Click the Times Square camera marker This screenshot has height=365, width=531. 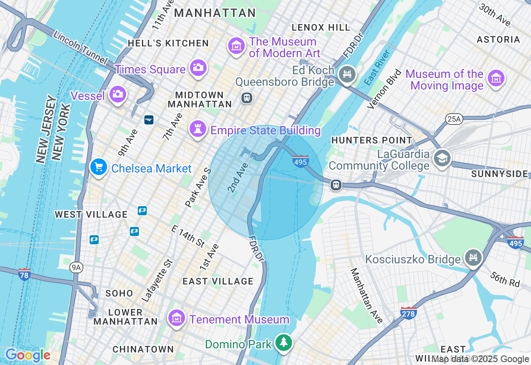(x=198, y=68)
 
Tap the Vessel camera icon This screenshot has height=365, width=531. (x=118, y=94)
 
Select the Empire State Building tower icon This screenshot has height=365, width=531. (x=198, y=129)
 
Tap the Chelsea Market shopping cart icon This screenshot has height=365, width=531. (x=99, y=167)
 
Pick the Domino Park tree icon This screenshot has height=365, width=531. (x=284, y=343)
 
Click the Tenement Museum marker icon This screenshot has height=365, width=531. (x=177, y=318)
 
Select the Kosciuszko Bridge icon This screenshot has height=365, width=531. (x=473, y=258)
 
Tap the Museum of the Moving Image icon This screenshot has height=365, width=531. (x=496, y=78)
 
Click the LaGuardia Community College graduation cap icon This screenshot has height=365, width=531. (x=442, y=158)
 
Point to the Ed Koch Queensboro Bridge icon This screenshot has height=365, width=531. (x=347, y=74)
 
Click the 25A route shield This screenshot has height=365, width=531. (x=454, y=119)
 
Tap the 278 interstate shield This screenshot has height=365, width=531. (x=409, y=314)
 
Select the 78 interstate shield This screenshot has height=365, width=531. (x=24, y=275)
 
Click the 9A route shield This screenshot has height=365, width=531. (x=76, y=268)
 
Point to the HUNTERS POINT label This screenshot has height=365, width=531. (x=372, y=141)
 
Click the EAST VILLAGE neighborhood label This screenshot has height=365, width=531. (x=218, y=281)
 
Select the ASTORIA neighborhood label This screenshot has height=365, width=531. (x=498, y=39)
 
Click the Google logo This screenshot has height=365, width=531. (x=27, y=355)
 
